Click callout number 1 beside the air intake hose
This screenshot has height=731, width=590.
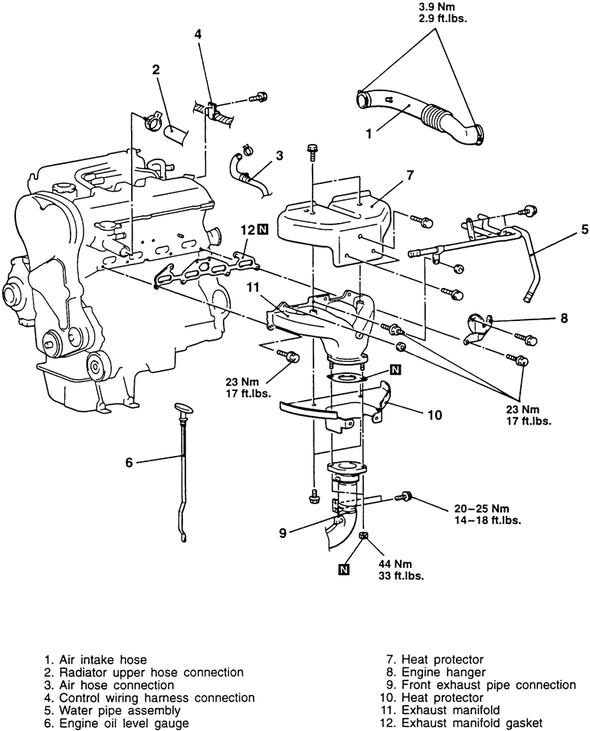(369, 134)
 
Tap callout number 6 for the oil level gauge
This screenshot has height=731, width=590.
(129, 462)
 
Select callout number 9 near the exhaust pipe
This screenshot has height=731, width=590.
(283, 533)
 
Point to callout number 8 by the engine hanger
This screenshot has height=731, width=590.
(565, 319)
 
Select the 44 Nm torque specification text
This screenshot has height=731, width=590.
(395, 565)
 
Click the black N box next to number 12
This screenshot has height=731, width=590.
(264, 229)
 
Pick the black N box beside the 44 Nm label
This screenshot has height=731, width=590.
(344, 569)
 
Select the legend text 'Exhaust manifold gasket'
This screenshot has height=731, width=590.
(472, 723)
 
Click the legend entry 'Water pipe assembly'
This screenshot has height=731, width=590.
(120, 710)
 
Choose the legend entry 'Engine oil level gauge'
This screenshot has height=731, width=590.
(124, 723)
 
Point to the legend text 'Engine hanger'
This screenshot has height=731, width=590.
(444, 672)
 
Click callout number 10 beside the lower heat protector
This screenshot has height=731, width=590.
(434, 415)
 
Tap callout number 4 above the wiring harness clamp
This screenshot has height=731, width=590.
(198, 34)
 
